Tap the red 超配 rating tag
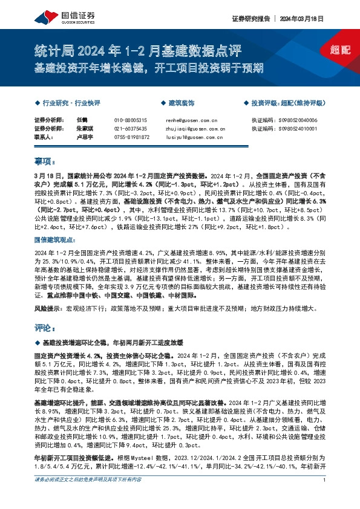(x=341, y=50)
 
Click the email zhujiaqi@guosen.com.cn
(x=195, y=129)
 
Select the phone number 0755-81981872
(x=131, y=137)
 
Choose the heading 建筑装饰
(x=181, y=103)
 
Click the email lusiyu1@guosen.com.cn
(x=192, y=137)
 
